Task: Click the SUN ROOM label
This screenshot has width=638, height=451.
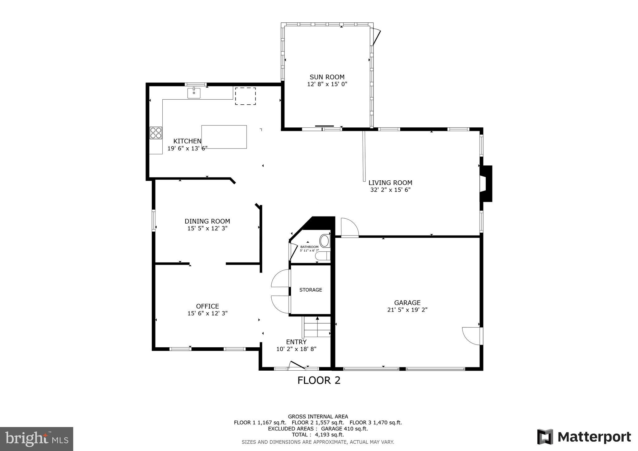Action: pos(327,77)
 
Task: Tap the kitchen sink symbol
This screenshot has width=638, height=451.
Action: pos(194,93)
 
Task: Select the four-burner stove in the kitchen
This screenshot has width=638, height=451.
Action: pos(156,133)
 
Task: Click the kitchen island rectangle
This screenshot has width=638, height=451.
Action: pos(224,137)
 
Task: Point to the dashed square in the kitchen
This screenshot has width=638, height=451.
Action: pos(245,96)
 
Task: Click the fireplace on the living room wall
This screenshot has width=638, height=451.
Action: pos(486,184)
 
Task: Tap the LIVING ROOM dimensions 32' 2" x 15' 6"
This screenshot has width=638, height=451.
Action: pos(390,190)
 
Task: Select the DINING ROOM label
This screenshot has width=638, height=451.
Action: pos(207,221)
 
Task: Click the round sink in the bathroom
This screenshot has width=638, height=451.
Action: pos(325,241)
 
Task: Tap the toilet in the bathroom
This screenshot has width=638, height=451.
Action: pos(323,256)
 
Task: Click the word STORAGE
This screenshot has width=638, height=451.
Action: pos(311,290)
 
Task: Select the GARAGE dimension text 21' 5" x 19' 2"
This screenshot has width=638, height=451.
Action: pos(407,310)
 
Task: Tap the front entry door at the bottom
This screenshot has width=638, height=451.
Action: pos(296,365)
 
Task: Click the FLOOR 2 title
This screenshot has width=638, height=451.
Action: pos(319,380)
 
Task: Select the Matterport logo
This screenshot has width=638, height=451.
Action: pos(584,437)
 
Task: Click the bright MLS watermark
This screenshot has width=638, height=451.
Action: pos(36,439)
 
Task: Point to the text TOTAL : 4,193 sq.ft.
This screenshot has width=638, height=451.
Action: pos(318,434)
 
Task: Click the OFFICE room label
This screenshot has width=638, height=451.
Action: pos(207,306)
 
